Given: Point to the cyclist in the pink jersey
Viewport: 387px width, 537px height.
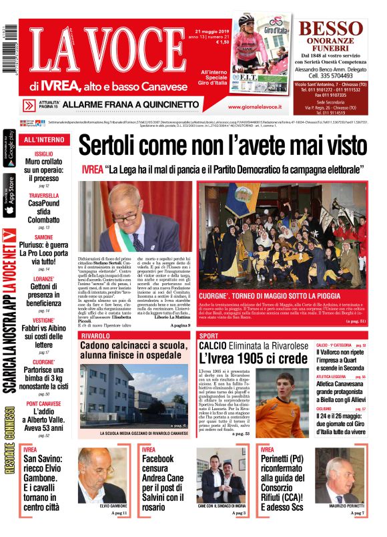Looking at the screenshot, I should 250,45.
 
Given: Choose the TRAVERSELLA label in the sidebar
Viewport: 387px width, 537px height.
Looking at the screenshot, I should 43,196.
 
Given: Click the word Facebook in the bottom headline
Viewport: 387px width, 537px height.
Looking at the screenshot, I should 159,460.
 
